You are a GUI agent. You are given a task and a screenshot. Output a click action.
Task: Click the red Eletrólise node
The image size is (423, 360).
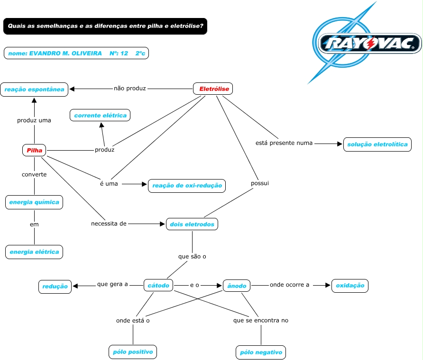pos(213,89)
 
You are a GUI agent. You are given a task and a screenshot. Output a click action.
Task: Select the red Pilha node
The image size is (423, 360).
pos(34,150)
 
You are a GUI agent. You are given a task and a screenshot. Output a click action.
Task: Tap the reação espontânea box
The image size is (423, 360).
pos(34,90)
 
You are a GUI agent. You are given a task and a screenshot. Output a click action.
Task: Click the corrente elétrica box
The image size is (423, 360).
pos(100,115)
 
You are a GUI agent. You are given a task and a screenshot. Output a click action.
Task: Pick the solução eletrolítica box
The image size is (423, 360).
pos(377,144)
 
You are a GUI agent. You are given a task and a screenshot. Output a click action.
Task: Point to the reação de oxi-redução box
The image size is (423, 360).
pos(187,186)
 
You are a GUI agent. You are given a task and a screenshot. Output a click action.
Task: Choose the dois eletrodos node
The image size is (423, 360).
pos(192,224)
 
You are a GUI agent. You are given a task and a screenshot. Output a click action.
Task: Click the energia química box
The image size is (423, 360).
pos(34,202)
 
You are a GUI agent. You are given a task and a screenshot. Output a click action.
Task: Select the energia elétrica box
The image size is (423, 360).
pos(34,252)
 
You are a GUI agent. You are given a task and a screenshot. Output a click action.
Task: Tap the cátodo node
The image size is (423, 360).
pos(158,285)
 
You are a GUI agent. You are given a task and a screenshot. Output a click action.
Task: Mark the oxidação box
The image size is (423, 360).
pos(350,286)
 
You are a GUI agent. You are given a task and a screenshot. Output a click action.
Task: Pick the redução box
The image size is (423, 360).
pos(55,287)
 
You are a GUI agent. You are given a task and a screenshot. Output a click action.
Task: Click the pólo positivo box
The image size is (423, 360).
pos(133,352)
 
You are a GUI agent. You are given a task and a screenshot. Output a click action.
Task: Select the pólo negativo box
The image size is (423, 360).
pos(261,352)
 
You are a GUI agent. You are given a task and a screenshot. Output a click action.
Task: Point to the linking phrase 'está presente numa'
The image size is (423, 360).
pos(284,143)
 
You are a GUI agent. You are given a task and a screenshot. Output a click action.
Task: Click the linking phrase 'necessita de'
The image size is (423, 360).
pos(109,224)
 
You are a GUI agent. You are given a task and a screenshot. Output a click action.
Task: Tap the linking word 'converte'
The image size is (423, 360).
pos(34,175)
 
